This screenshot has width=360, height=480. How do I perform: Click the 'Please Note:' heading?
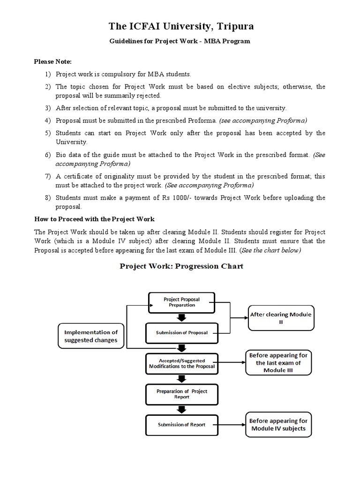pyautogui.click(x=52, y=61)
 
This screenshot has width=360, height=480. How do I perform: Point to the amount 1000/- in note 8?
pyautogui.click(x=198, y=198)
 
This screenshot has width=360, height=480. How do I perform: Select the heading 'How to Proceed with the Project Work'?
pyautogui.click(x=95, y=219)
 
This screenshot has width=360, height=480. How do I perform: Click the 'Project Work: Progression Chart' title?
pyautogui.click(x=181, y=266)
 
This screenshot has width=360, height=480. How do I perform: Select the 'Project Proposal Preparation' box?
pyautogui.click(x=181, y=302)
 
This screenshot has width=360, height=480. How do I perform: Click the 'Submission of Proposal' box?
pyautogui.click(x=181, y=333)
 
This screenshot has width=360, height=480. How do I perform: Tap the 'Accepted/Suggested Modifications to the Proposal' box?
pyautogui.click(x=181, y=363)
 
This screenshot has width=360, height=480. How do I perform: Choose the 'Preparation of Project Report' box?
pyautogui.click(x=181, y=393)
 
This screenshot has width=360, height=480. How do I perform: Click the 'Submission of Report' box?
pyautogui.click(x=181, y=425)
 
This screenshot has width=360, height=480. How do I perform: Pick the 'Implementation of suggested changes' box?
pyautogui.click(x=91, y=336)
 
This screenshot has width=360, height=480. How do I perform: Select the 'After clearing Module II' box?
pyautogui.click(x=281, y=318)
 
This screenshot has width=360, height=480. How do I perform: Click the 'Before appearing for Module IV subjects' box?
pyautogui.click(x=278, y=425)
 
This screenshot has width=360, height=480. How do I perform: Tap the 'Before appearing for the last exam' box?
pyautogui.click(x=278, y=363)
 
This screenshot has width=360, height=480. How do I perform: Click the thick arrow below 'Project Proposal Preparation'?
pyautogui.click(x=181, y=318)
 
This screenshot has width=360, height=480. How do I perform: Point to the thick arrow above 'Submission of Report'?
pyautogui.click(x=181, y=409)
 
